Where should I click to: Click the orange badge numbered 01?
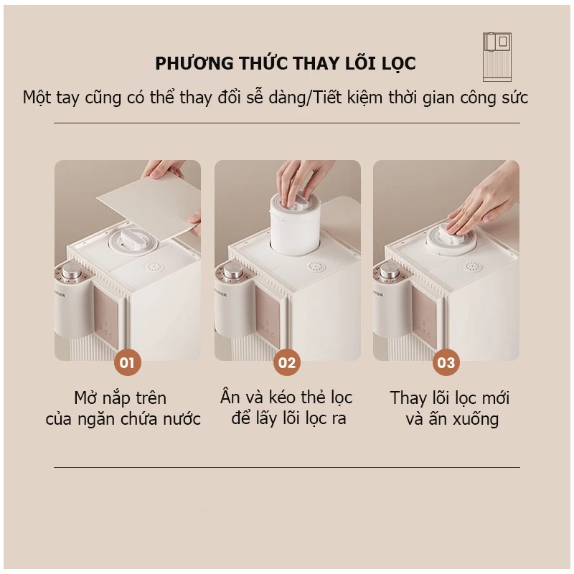(x=127, y=362)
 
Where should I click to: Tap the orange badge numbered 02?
(x=286, y=362)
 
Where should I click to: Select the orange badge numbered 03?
(x=446, y=362)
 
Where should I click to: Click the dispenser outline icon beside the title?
(x=497, y=57)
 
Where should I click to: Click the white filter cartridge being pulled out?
(x=295, y=223)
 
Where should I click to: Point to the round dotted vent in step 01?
(x=154, y=266)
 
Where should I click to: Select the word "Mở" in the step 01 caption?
(x=84, y=397)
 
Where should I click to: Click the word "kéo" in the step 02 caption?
(x=281, y=397)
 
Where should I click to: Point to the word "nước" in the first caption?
(x=182, y=419)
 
